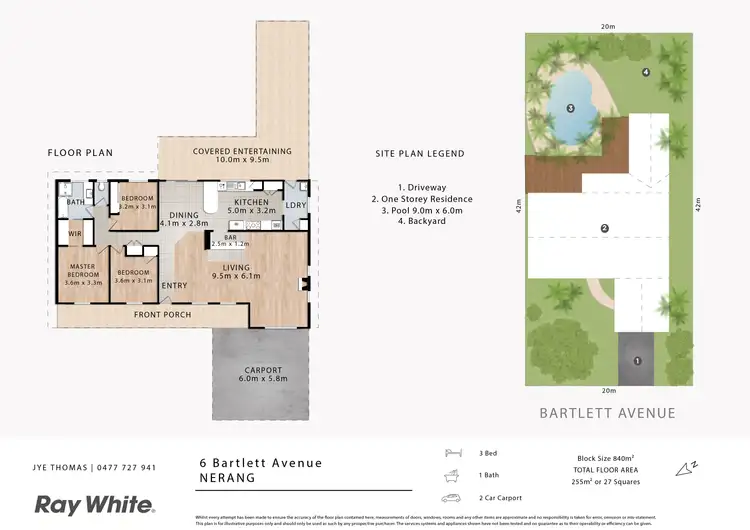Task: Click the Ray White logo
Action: pyautogui.click(x=95, y=504)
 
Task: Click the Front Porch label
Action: pyautogui.click(x=163, y=314)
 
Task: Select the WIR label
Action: pyautogui.click(x=74, y=234)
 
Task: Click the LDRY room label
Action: pyautogui.click(x=295, y=205)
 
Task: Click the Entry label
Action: pyautogui.click(x=174, y=285)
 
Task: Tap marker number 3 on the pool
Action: pyautogui.click(x=570, y=108)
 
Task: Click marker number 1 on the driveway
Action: pyautogui.click(x=636, y=361)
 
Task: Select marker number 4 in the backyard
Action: pyautogui.click(x=646, y=72)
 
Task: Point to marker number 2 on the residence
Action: pyautogui.click(x=604, y=229)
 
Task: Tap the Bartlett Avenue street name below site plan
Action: pyautogui.click(x=607, y=413)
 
